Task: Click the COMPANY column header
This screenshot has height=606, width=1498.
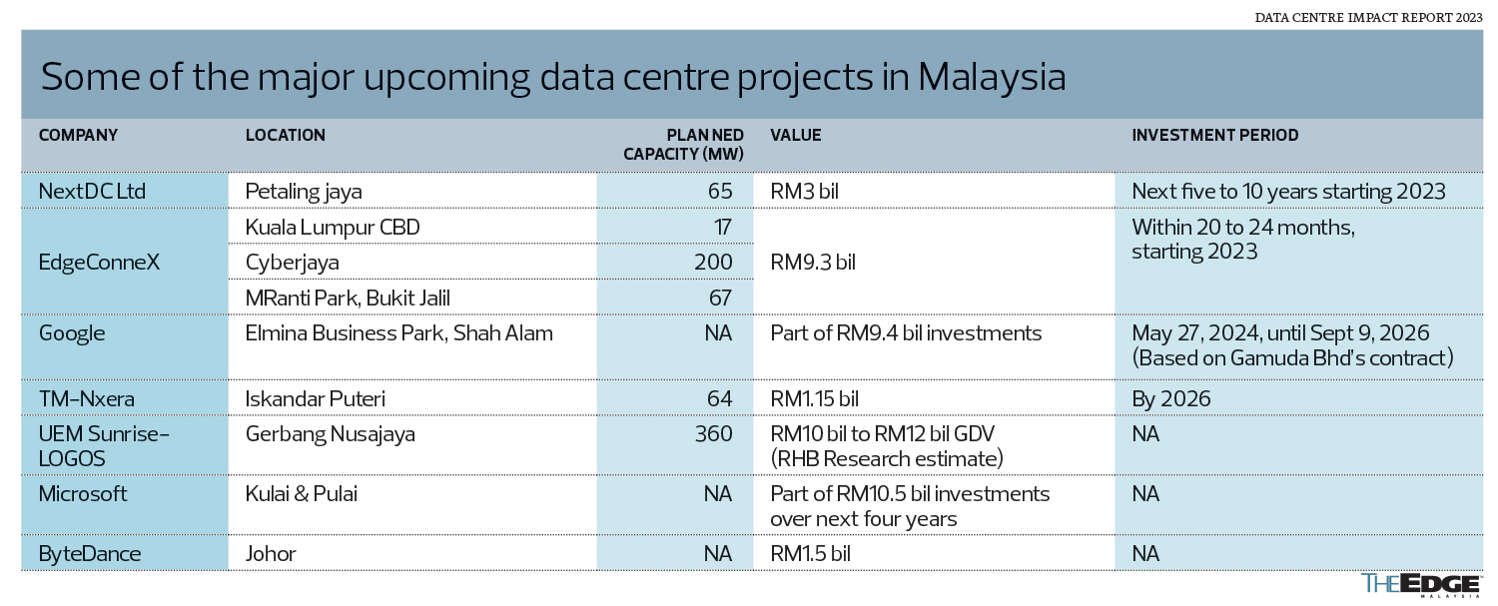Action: click(x=78, y=135)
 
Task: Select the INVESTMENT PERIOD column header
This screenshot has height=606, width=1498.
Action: click(x=1214, y=135)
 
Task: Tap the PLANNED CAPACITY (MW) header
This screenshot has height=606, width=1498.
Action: click(x=684, y=145)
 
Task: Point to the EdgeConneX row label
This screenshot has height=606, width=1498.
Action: click(x=100, y=263)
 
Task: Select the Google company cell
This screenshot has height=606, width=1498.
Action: click(x=71, y=333)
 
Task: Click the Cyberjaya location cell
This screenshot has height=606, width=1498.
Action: click(x=292, y=263)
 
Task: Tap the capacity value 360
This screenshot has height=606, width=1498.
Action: click(x=714, y=435)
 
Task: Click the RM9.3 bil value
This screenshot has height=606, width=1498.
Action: click(x=814, y=263)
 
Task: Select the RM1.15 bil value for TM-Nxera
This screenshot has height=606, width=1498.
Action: click(x=814, y=399)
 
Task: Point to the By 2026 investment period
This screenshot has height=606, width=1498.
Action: click(x=1170, y=399)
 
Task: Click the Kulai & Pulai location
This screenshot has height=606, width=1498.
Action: click(x=301, y=494)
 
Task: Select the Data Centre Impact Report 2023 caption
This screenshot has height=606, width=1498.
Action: click(x=1368, y=18)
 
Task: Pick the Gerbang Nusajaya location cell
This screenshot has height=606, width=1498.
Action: click(x=330, y=435)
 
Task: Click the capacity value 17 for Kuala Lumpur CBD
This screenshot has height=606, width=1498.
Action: click(x=722, y=228)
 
